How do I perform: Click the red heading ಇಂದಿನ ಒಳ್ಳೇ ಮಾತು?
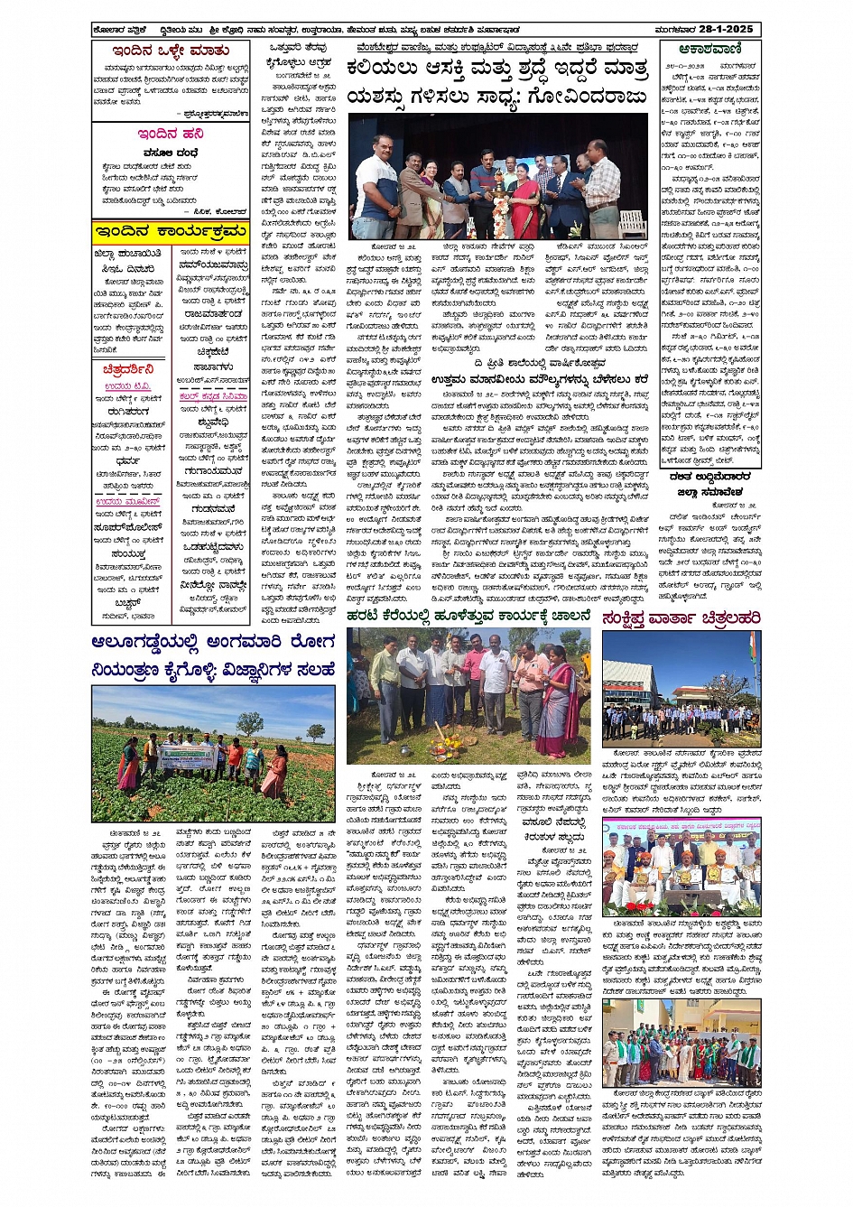tap(171, 51)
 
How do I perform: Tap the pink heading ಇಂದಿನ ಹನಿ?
tap(171, 134)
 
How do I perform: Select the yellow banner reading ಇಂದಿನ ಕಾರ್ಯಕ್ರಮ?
tap(170, 232)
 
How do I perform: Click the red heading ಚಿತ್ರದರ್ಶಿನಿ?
tap(128, 369)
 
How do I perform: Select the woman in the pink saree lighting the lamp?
tap(524, 203)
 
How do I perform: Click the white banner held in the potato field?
tap(186, 757)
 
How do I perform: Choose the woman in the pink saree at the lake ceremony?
tap(556, 709)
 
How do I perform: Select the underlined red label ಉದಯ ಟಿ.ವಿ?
tap(120, 386)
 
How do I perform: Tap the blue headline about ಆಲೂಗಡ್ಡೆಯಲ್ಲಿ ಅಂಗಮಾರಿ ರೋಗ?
tap(213, 656)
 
